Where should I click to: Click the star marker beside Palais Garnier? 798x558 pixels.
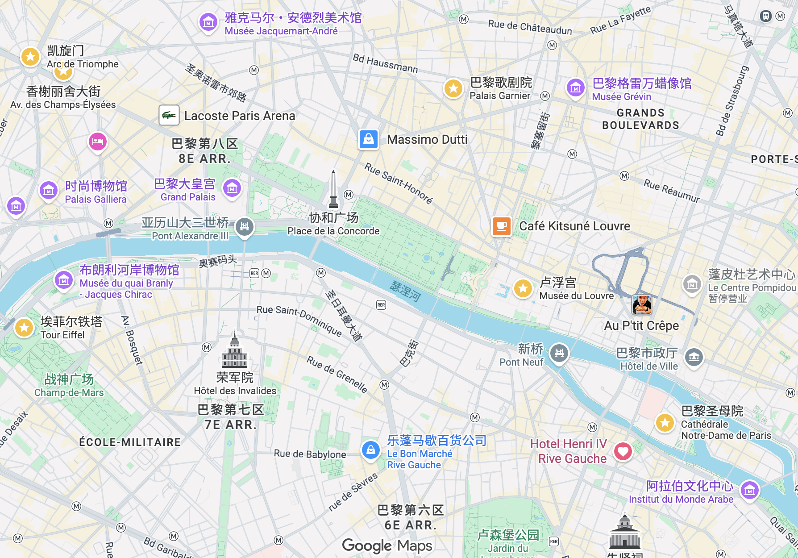click(453, 88)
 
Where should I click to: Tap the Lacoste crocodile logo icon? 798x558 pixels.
click(169, 116)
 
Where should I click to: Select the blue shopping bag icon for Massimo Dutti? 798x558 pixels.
click(369, 139)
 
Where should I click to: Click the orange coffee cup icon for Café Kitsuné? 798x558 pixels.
click(502, 226)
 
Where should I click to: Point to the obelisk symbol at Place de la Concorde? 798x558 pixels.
click(333, 190)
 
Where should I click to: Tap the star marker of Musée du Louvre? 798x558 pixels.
click(523, 288)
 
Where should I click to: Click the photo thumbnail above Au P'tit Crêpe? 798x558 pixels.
click(642, 305)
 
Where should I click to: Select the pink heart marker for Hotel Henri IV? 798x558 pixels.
click(623, 451)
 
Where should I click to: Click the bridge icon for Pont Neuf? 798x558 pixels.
click(559, 354)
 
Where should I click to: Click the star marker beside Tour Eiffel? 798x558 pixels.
click(24, 328)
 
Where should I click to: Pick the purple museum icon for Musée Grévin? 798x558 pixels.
click(576, 88)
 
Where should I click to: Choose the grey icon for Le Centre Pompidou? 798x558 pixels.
click(692, 283)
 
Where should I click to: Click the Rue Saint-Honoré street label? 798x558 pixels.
click(398, 183)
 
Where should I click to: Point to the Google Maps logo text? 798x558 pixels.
click(387, 546)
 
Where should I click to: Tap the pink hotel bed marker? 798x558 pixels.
click(98, 142)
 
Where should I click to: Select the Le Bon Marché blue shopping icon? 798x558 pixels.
click(371, 450)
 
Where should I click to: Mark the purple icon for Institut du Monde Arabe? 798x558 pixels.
click(750, 490)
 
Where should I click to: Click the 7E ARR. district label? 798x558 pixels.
click(231, 425)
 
